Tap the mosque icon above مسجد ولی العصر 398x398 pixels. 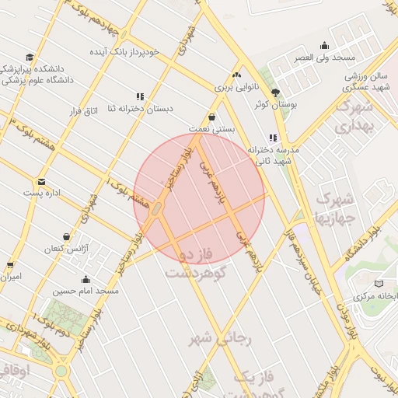tap(324, 46)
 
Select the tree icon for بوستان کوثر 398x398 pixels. tap(275, 92)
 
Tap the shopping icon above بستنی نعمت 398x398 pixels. tap(212, 115)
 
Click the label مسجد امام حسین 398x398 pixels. tap(86, 291)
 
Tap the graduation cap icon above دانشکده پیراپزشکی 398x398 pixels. tap(30, 57)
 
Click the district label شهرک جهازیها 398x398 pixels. tap(335, 205)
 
